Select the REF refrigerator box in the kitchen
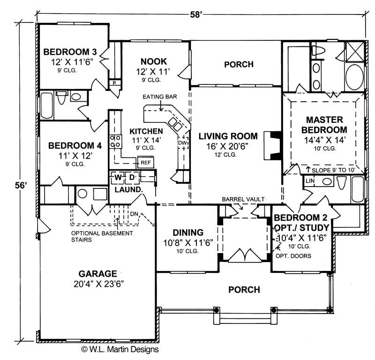point(144,163)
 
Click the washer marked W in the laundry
point(119,178)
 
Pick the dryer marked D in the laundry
point(132,178)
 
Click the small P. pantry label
point(114,83)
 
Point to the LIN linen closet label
point(309,180)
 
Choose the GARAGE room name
point(97,273)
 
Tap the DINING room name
point(187,232)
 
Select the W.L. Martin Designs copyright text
point(120,349)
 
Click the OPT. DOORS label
point(295,256)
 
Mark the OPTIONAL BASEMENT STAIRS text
point(102,236)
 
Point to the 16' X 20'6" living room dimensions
point(228,146)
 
